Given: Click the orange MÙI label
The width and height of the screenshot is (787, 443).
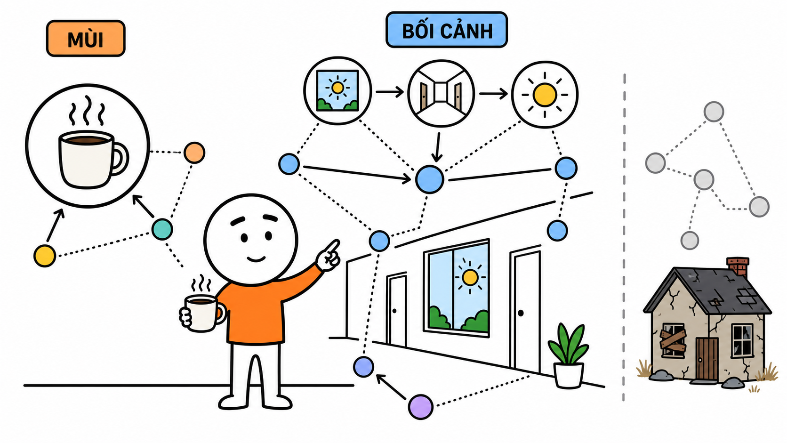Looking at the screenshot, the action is click(x=86, y=38).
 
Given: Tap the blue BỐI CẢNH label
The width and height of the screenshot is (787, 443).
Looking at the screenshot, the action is click(x=447, y=30).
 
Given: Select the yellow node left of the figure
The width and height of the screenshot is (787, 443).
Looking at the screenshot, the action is click(x=45, y=256).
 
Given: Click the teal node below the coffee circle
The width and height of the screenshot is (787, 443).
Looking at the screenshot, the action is click(x=162, y=229).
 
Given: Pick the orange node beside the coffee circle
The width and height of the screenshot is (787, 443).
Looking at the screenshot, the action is click(x=194, y=153).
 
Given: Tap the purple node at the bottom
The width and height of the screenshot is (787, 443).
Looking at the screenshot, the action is click(x=420, y=407).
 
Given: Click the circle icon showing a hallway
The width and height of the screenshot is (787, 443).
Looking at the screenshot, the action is click(x=441, y=93).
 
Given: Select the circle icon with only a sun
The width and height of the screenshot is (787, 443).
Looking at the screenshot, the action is click(x=545, y=95).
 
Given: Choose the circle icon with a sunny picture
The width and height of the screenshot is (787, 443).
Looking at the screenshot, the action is click(x=337, y=91).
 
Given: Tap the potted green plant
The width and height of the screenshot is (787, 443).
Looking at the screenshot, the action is click(x=569, y=355).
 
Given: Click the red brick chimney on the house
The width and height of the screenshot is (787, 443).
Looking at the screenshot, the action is click(x=738, y=266).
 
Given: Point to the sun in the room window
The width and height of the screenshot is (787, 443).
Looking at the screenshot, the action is click(x=470, y=277).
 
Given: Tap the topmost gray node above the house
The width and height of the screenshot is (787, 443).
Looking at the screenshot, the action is click(x=714, y=112).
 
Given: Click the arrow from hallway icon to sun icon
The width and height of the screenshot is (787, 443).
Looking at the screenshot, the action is click(x=493, y=93).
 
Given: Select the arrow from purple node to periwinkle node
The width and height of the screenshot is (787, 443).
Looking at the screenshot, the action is click(x=391, y=387).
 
